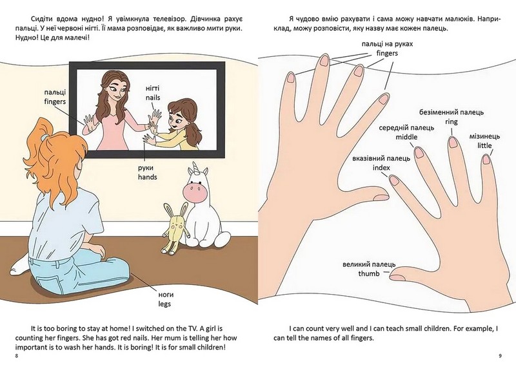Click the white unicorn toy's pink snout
(193, 192)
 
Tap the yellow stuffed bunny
(176, 228)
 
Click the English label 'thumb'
(369, 274)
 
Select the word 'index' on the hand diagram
(381, 168)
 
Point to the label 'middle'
(406, 137)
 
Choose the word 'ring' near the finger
(451, 121)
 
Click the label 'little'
(485, 146)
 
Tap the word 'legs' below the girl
(164, 304)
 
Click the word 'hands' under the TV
(148, 177)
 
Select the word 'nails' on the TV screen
(153, 98)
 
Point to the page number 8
(17, 356)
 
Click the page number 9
(501, 356)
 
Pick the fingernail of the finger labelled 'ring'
(453, 142)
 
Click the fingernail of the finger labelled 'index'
(394, 180)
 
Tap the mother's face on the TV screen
(117, 90)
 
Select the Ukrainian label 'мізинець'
(484, 136)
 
